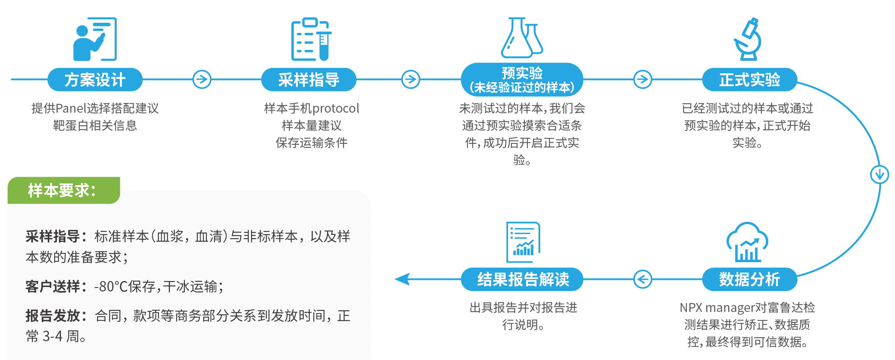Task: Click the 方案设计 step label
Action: pyautogui.click(x=95, y=80)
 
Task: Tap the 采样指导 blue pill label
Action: pyautogui.click(x=309, y=80)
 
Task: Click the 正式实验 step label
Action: pyautogui.click(x=749, y=80)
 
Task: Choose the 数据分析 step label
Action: pyautogui.click(x=749, y=279)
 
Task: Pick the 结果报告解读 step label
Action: pyautogui.click(x=522, y=279)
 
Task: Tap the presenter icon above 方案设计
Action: pyautogui.click(x=95, y=39)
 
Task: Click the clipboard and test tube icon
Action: pyautogui.click(x=311, y=39)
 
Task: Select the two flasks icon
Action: pyautogui.click(x=522, y=38)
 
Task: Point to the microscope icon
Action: pyautogui.click(x=748, y=39)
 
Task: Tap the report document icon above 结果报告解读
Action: pyautogui.click(x=523, y=242)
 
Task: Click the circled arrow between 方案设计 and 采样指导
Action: pyautogui.click(x=202, y=79)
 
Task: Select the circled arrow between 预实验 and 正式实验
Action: pyautogui.click(x=642, y=79)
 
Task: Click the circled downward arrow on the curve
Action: pyautogui.click(x=880, y=174)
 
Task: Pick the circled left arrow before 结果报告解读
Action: pyautogui.click(x=642, y=279)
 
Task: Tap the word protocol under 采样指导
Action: pyautogui.click(x=336, y=109)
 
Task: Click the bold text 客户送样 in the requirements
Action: pyautogui.click(x=53, y=287)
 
